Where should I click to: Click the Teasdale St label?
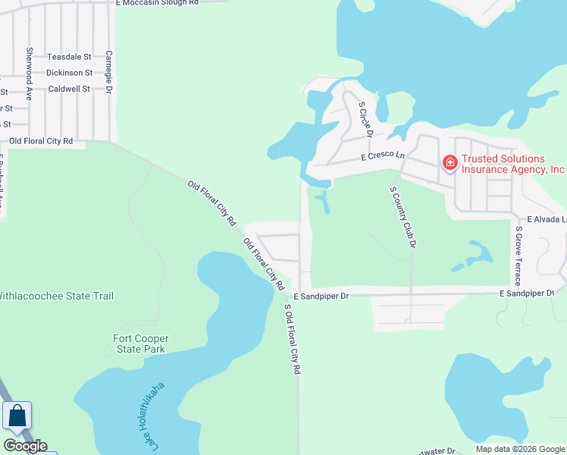[x=69, y=57]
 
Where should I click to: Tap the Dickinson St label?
[x=69, y=73]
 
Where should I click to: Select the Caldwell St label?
[x=69, y=89]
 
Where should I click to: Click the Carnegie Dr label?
[x=109, y=72]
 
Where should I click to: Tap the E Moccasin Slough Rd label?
[x=157, y=3]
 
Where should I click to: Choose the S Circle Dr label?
[x=366, y=119]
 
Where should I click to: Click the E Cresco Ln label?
[x=384, y=156]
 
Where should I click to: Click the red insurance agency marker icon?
[x=450, y=163]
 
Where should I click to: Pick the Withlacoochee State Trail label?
[x=56, y=296]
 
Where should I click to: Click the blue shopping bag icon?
[x=17, y=416]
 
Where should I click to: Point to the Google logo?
[x=25, y=446]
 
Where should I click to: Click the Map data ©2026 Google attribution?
[x=519, y=449]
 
